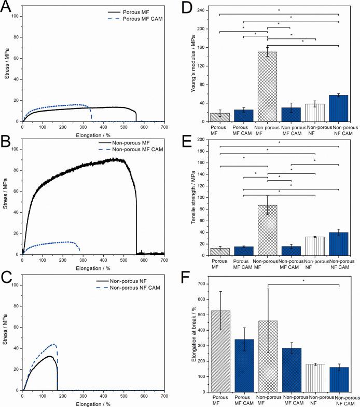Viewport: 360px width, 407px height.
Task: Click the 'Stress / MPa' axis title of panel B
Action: (x=7, y=197)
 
